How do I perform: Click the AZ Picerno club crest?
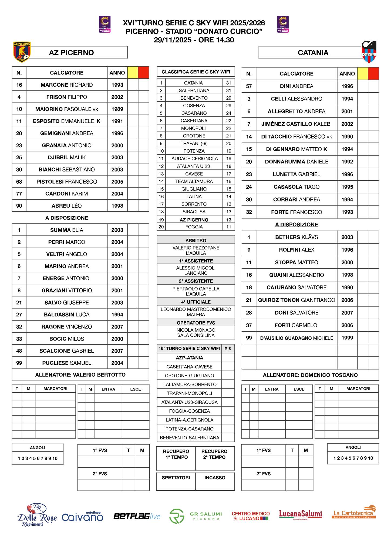22,52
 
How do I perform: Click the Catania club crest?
369,52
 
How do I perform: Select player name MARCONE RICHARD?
67,85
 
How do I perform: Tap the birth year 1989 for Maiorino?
117,109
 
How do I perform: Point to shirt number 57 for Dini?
249,86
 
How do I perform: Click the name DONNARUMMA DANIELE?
296,162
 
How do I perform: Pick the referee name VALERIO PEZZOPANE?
196,248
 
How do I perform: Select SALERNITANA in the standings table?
194,90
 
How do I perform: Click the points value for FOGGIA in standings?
229,227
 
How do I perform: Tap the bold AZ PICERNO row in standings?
194,220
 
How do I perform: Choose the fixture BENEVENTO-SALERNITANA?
190,438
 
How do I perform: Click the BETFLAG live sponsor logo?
137,516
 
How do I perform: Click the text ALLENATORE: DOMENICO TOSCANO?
310,375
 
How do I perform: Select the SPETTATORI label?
176,478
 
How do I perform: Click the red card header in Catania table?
373,73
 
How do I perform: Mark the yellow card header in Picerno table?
133,72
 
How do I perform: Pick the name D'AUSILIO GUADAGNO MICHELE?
296,338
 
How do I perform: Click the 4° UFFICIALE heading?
196,302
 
